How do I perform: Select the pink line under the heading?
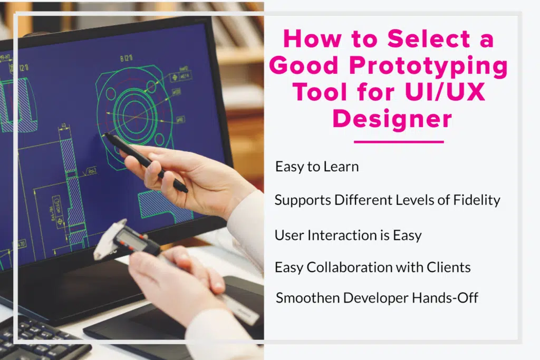399,141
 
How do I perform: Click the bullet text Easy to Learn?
317,167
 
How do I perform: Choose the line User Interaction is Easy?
348,236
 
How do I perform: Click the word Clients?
448,267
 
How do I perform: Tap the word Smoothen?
308,298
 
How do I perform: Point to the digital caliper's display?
131,239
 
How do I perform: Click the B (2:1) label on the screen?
127,59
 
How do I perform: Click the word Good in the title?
304,65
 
